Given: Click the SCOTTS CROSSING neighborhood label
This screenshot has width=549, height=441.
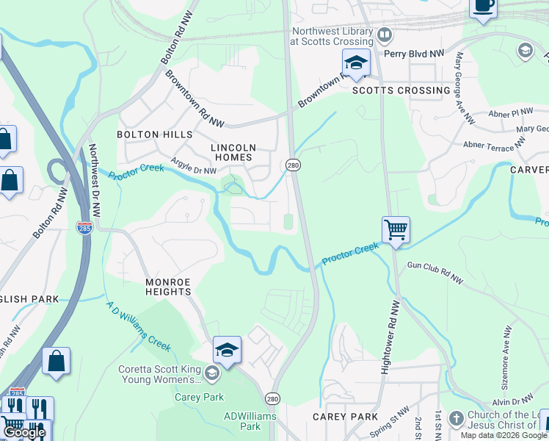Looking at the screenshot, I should pos(401,90).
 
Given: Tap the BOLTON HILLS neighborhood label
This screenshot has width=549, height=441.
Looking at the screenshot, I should pos(154,135).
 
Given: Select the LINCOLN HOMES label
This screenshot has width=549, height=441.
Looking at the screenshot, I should pos(232,152).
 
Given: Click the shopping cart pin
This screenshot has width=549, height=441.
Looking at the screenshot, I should pos(396,230).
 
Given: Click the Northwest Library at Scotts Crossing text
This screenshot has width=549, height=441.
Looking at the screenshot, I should pos(332,37).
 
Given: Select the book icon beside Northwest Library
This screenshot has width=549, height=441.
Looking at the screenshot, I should pos(385,35).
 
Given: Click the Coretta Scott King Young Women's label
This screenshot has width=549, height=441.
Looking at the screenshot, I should pos(159,374).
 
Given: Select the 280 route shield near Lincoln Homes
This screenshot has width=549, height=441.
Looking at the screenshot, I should pos(293,165).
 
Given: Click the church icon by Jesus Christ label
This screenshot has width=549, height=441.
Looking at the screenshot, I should pos(455,417).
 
